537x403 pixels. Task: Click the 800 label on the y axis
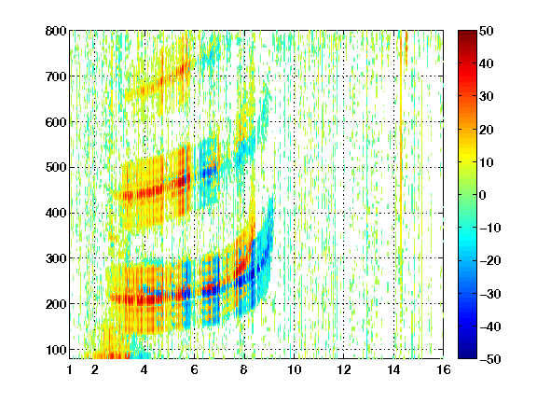pos(56,31)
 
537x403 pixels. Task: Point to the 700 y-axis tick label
pos(56,76)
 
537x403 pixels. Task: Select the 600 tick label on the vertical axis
pos(56,122)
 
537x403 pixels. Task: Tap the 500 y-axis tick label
pos(56,168)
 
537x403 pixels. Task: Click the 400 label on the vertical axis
pos(56,213)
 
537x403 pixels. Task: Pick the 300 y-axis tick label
pos(56,258)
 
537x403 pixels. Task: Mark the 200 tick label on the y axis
pos(56,304)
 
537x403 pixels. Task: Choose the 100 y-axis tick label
pos(56,350)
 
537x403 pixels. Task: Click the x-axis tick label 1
pos(70,369)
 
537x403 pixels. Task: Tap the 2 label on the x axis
pos(94,369)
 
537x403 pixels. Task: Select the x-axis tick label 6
pos(194,369)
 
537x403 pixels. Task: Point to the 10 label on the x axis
pos(294,369)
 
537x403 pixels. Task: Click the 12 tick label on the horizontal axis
pos(343,369)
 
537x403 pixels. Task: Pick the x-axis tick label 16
pos(444,369)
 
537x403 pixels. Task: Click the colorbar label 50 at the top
pos(486,31)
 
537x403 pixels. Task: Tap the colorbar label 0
pos(483,195)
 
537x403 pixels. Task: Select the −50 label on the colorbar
pos(489,359)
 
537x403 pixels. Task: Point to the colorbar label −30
pos(489,294)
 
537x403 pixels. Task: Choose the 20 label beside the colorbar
pos(486,130)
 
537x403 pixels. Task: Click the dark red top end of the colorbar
pos(467,32)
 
